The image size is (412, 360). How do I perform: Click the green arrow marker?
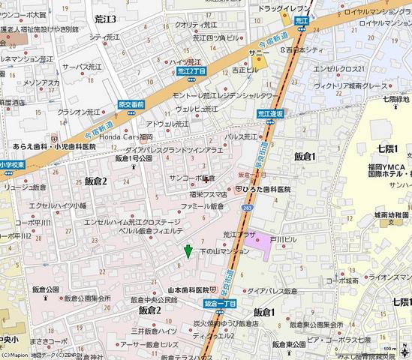(188, 251)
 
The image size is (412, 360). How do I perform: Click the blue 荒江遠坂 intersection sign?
(268, 114)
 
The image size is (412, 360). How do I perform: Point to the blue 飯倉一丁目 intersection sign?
(220, 304)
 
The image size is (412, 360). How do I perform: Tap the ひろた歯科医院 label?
(268, 190)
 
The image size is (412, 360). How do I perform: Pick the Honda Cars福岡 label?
(126, 137)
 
